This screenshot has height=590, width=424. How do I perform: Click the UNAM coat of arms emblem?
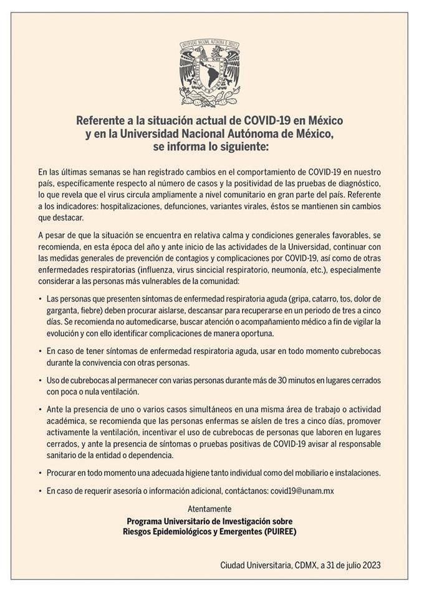coord(210,72)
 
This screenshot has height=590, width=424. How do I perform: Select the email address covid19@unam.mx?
coord(302,491)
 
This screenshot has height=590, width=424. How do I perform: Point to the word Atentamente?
coord(210,509)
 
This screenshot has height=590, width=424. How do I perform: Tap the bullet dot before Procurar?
coord(41,473)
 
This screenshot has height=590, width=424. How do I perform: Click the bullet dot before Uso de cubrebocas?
coord(41,380)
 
